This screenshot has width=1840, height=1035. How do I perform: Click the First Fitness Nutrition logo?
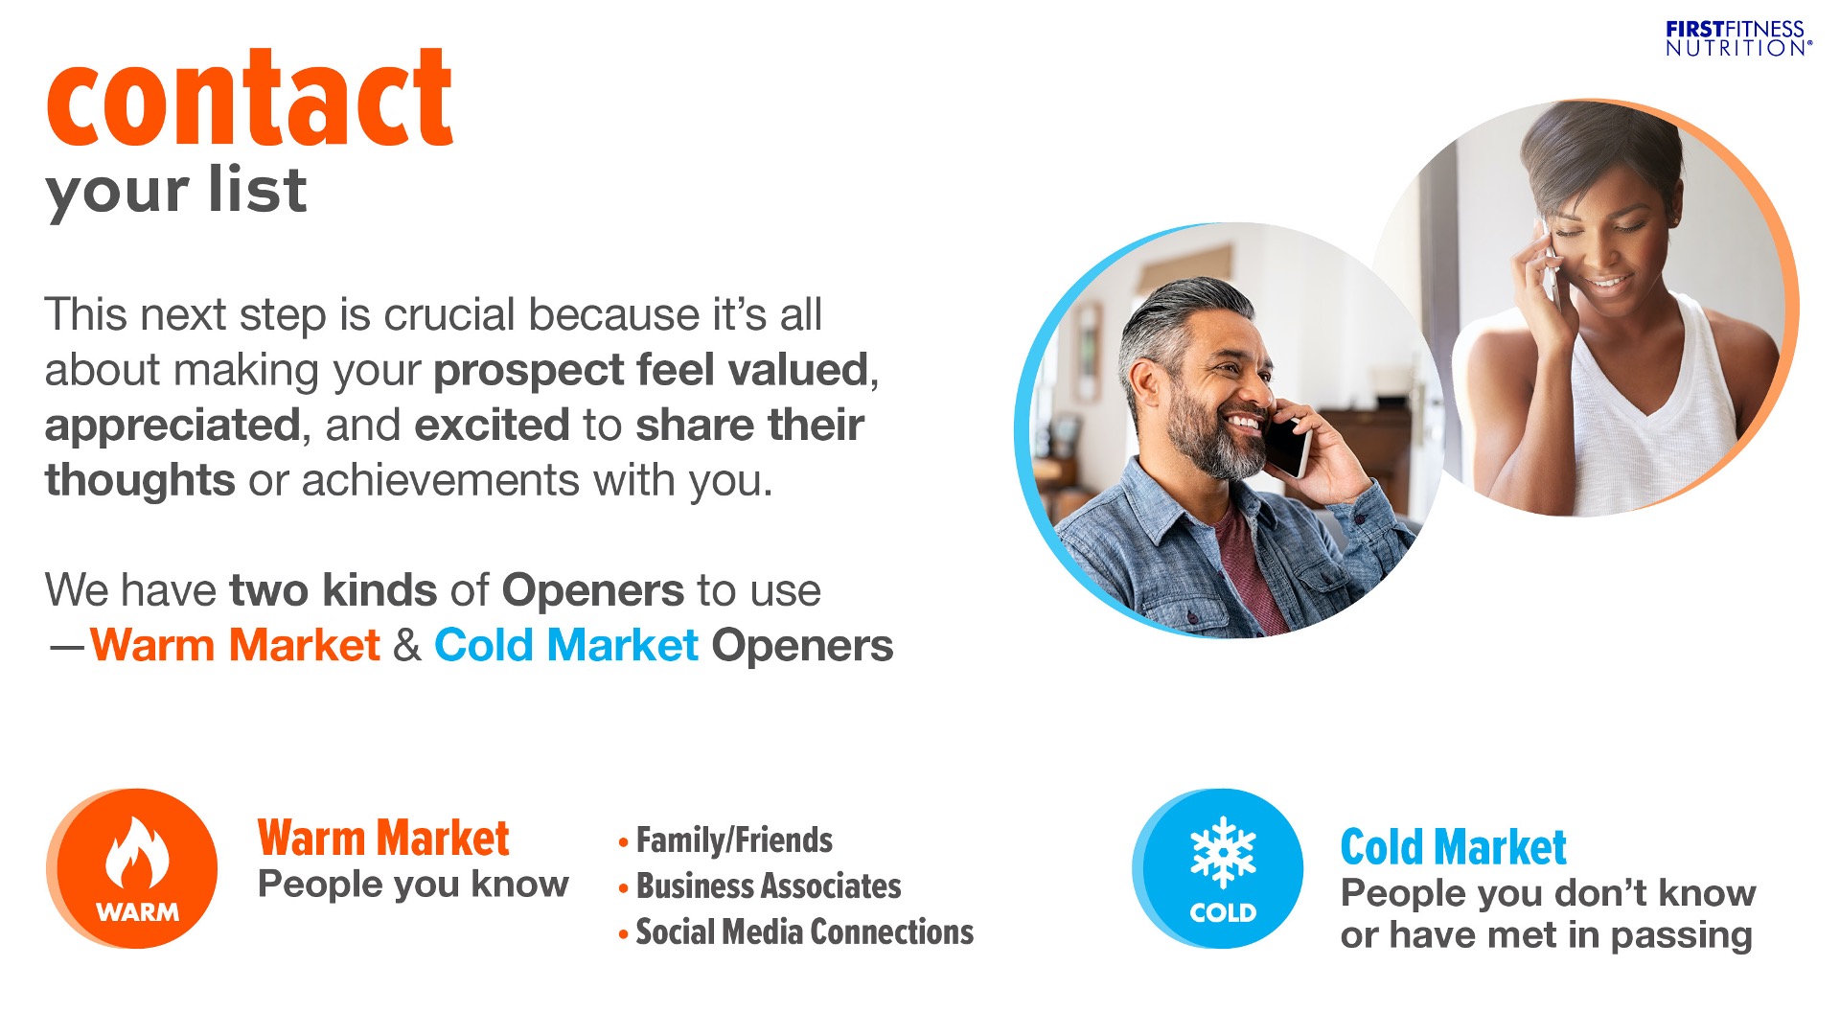(1738, 38)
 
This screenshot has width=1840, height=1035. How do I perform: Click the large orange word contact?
(249, 98)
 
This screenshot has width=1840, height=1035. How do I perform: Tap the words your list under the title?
(175, 191)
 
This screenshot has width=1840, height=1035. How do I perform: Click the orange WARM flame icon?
(133, 869)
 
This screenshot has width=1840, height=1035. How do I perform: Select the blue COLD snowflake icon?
(1218, 869)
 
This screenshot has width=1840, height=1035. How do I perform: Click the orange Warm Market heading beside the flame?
(383, 839)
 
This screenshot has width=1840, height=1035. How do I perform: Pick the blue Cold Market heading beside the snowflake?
(1453, 847)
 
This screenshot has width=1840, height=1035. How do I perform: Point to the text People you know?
(413, 885)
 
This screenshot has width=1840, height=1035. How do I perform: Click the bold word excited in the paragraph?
(493, 425)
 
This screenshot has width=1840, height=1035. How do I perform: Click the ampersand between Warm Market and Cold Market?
(407, 645)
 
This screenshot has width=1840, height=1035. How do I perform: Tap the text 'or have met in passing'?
(1547, 935)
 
